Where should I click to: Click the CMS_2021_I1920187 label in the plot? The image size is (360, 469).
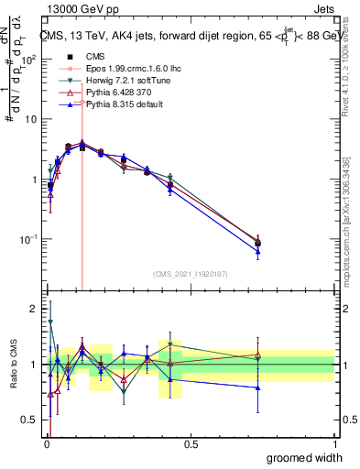(190, 273)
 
